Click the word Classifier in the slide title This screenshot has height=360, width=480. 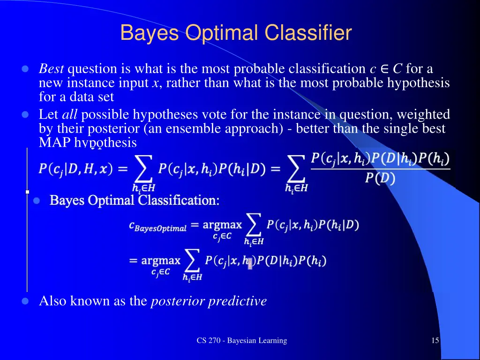coord(307,33)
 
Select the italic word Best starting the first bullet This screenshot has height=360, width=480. coord(52,69)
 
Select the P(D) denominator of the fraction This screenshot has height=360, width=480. coord(380,179)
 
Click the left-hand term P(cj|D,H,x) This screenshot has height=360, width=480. coord(75,170)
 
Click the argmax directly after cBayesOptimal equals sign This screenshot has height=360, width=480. coord(222,225)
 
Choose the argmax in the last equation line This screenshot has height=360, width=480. coord(160,260)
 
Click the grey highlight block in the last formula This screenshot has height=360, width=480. coord(250,263)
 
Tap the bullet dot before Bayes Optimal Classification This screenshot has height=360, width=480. coord(37,201)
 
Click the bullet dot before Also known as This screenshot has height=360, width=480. coord(26,301)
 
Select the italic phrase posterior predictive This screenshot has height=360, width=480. coord(209,301)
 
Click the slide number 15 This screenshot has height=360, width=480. coord(435,341)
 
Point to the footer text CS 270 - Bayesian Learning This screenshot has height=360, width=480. coord(241,341)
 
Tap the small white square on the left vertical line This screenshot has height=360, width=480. coord(27,192)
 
